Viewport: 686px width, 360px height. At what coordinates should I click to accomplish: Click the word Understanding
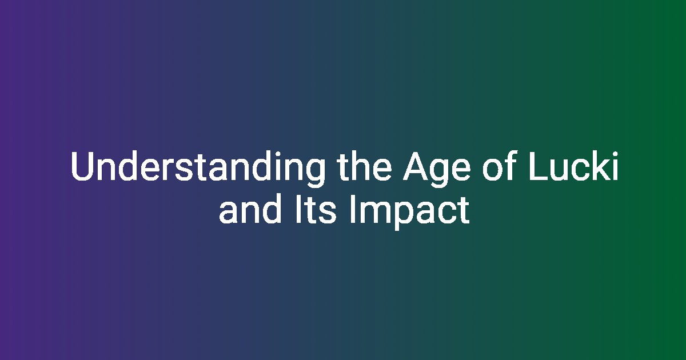[198, 169]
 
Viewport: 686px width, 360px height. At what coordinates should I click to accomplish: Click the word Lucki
[573, 166]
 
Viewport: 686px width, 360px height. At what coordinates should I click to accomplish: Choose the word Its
[316, 209]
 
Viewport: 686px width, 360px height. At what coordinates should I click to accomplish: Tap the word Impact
[409, 212]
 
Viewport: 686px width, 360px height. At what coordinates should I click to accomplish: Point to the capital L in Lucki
[539, 166]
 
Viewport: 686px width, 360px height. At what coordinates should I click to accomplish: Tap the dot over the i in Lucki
[615, 154]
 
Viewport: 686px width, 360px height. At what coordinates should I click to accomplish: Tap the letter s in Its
[328, 213]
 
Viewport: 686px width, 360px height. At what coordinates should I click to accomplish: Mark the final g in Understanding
[315, 173]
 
